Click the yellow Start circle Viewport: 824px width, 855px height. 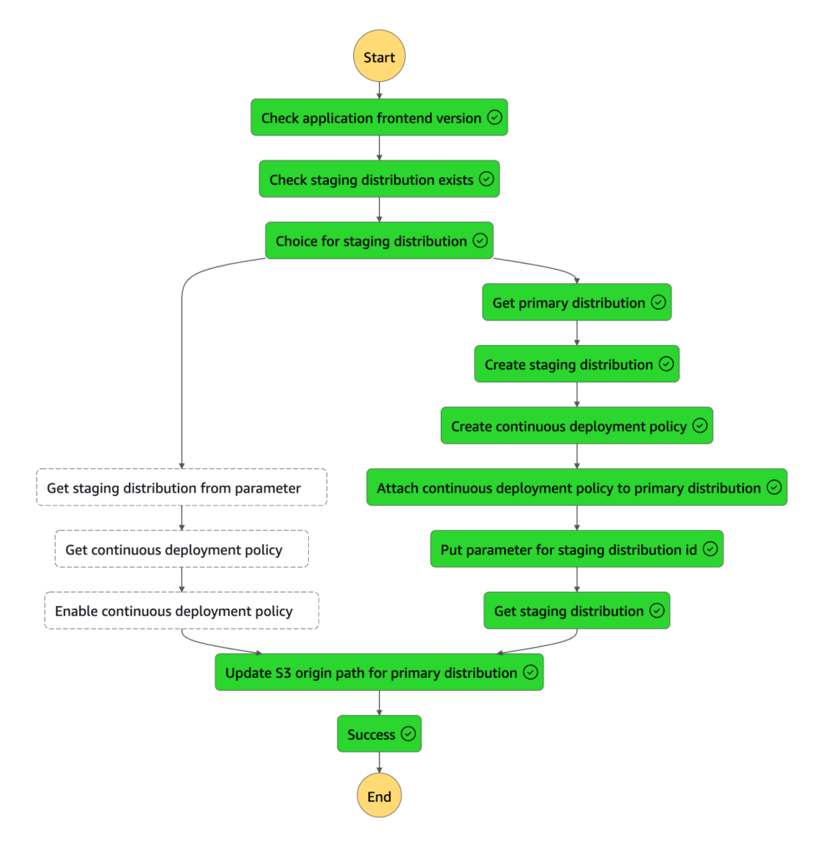[x=379, y=58]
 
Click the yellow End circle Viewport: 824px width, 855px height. [x=379, y=796]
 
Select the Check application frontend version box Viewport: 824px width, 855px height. [x=379, y=118]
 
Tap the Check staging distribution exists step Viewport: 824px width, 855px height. [x=379, y=180]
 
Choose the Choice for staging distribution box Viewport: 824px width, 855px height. [x=379, y=240]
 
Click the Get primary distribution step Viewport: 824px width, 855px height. [x=576, y=302]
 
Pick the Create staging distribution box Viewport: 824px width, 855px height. [x=576, y=364]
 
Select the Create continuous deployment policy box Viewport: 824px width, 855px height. [x=576, y=426]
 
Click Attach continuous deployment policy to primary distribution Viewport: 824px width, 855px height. [x=576, y=488]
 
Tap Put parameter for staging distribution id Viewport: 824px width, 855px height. [x=576, y=549]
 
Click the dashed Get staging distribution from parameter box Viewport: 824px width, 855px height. [x=181, y=488]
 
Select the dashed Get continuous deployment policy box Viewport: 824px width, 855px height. [x=181, y=549]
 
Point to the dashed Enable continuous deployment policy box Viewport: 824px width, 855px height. [x=181, y=611]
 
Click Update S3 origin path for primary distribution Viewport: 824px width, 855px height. [x=379, y=672]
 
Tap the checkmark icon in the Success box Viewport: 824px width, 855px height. [x=408, y=734]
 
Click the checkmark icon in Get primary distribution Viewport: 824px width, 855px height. [x=658, y=302]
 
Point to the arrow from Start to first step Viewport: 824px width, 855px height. [x=379, y=90]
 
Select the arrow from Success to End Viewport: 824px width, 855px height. [x=379, y=763]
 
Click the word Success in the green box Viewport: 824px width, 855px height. [x=372, y=734]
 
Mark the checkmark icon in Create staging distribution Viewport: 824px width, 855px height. [x=665, y=364]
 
